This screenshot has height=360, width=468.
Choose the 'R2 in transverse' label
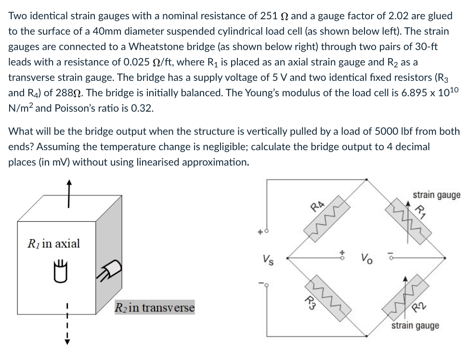pos(154,308)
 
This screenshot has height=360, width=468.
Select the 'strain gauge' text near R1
pos(436,195)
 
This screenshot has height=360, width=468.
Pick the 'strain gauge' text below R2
pos(415,326)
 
